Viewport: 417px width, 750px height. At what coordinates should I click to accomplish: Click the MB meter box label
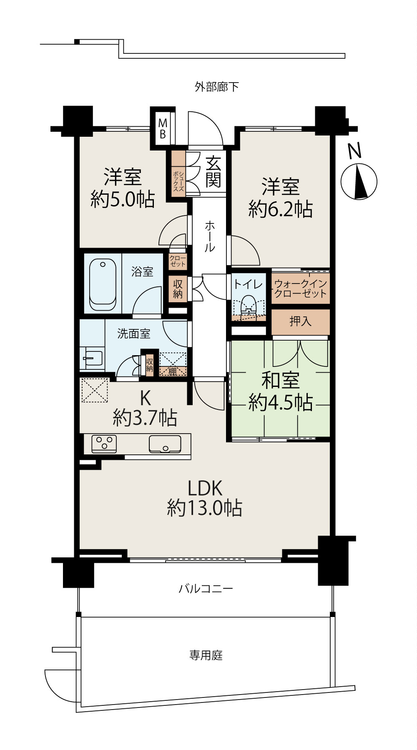pos(163,128)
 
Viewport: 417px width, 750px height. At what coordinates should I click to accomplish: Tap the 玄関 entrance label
pos(213,171)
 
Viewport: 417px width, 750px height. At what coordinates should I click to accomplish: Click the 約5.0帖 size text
pos(123,200)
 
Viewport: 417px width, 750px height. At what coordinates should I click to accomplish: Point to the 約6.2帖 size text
pos(280,209)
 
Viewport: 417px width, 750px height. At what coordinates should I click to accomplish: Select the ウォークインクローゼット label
pos(300,288)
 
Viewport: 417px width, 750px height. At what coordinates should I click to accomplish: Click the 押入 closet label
pos(300,321)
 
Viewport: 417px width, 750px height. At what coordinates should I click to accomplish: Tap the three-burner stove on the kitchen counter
pos(104,444)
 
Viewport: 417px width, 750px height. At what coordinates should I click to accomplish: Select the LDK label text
pos(204,487)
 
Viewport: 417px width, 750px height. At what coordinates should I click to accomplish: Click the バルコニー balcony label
pos(206,589)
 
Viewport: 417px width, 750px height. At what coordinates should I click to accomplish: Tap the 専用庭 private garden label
pos(206,655)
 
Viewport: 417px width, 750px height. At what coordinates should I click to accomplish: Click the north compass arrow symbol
pos(359,182)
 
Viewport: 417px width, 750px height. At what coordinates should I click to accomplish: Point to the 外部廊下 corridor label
pos(217,87)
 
